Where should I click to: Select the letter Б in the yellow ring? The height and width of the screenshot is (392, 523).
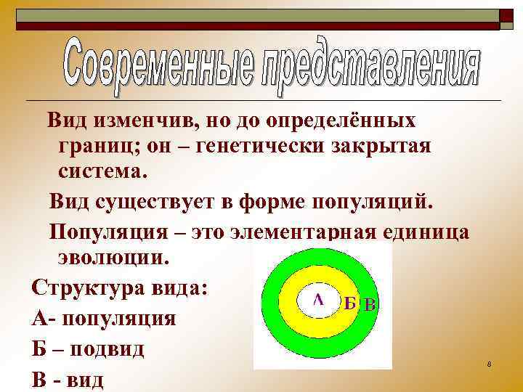point(349,303)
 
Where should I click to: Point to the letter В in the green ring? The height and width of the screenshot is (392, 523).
point(369,305)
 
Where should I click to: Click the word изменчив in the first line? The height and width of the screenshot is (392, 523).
point(142,120)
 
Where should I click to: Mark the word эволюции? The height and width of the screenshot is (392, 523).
point(113,258)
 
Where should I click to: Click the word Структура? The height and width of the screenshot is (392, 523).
point(78,288)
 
